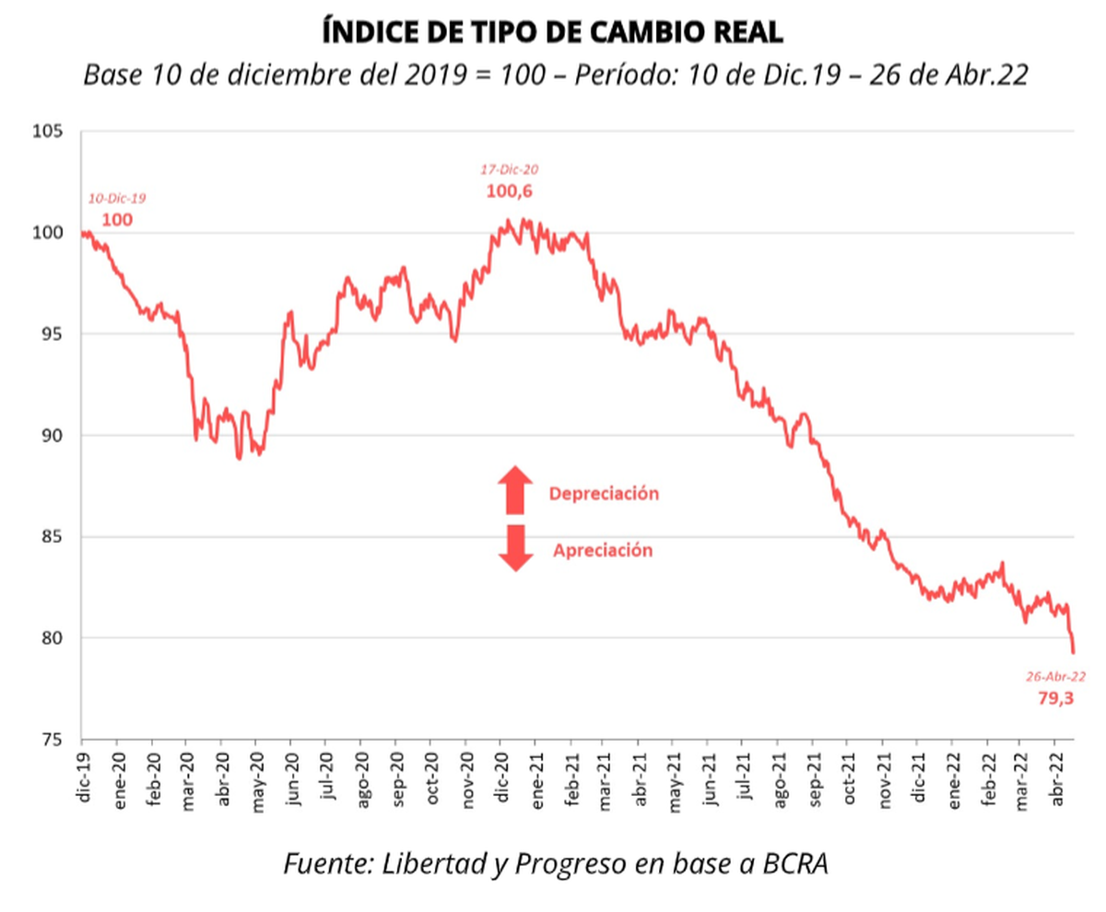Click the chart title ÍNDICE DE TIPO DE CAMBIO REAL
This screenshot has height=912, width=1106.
[553, 31]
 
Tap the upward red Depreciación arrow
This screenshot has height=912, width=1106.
[515, 489]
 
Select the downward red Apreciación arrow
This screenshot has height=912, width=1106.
[515, 548]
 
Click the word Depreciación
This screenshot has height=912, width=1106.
[604, 494]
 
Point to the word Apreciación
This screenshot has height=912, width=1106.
[603, 551]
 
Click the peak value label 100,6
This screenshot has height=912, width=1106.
[510, 192]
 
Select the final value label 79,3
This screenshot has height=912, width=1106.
[1055, 697]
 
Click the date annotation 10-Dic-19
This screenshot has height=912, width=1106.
[117, 198]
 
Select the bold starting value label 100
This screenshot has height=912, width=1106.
[116, 219]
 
